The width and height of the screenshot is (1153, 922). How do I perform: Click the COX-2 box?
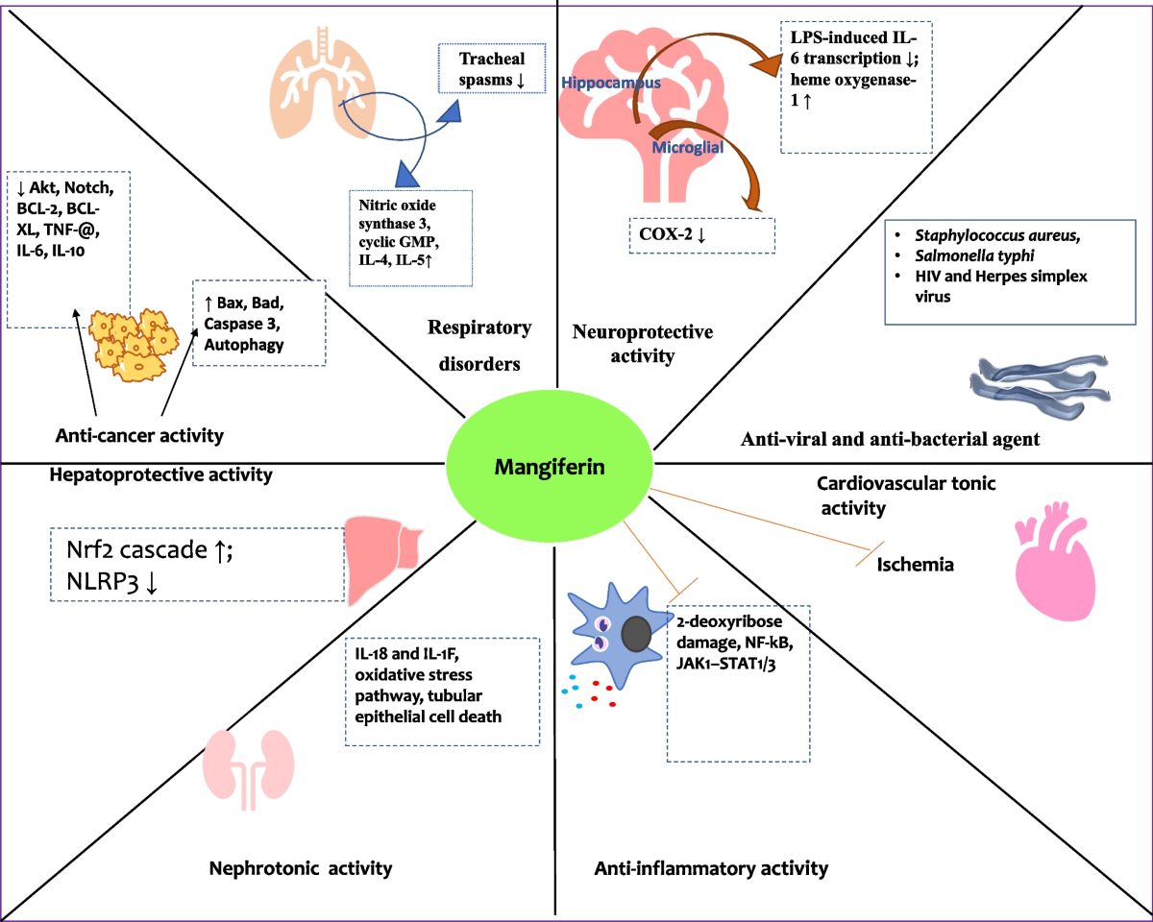tap(699, 235)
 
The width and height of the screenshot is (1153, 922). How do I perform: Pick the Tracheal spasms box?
tap(493, 68)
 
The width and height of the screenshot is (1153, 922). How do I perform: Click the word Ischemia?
tap(915, 565)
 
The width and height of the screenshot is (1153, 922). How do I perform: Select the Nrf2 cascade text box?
tap(196, 564)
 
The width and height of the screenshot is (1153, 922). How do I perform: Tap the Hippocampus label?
tap(610, 84)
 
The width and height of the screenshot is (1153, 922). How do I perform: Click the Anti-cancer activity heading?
tap(138, 435)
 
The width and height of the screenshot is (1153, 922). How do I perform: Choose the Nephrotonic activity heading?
tap(301, 868)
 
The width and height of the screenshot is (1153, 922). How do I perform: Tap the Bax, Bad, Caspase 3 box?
tap(258, 322)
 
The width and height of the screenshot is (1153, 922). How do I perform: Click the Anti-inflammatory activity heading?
tap(711, 868)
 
